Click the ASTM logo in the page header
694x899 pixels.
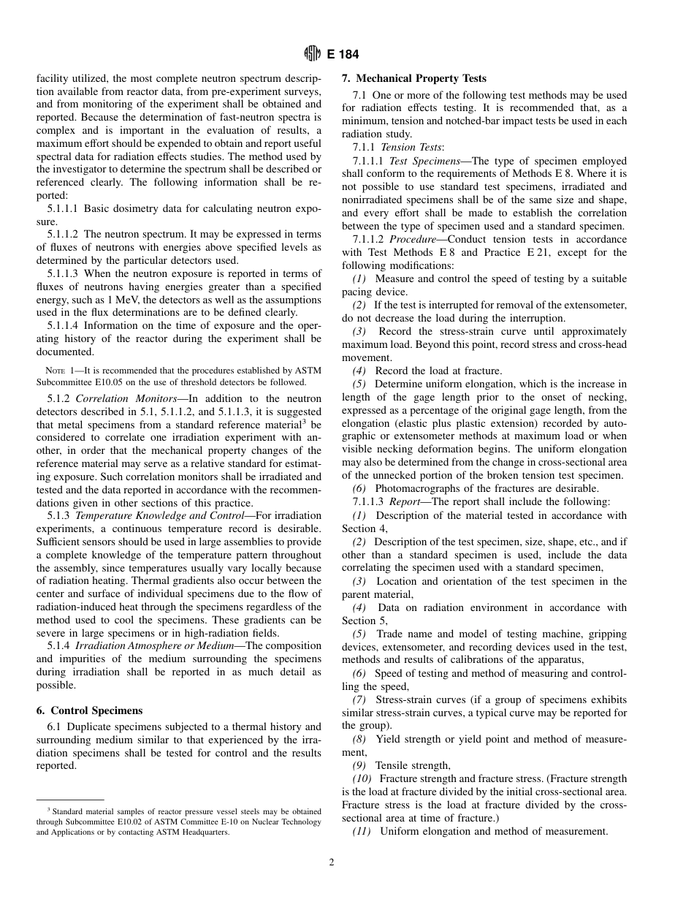[x=312, y=55]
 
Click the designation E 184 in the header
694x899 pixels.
[x=343, y=55]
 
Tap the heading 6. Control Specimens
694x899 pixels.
[x=89, y=710]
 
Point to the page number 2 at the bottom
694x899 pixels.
[x=332, y=862]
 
